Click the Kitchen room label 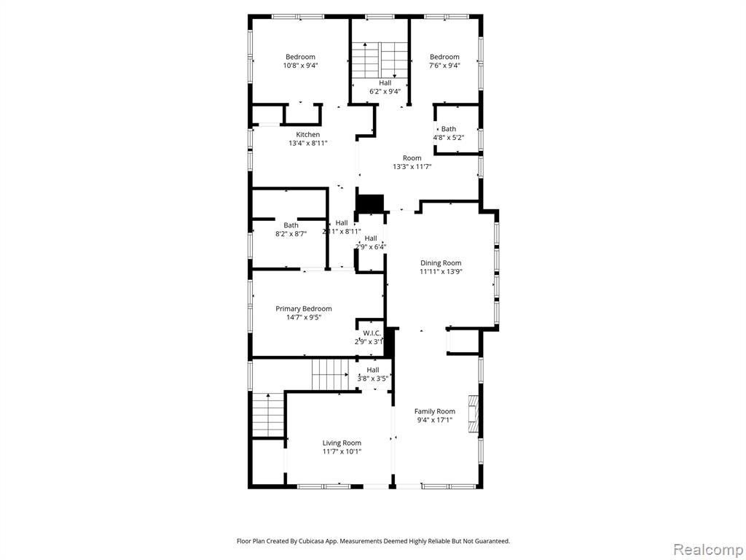click(x=308, y=135)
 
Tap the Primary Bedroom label click(x=304, y=308)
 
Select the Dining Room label click(x=441, y=262)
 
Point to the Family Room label click(x=434, y=411)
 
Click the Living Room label click(x=342, y=443)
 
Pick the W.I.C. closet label click(x=372, y=333)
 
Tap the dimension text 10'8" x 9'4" click(x=300, y=66)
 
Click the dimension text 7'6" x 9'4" click(x=444, y=66)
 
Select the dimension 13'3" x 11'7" click(x=412, y=167)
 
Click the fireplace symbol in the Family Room click(x=473, y=414)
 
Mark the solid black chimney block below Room click(x=370, y=203)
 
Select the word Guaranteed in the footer click(x=493, y=541)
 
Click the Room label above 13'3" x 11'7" click(x=412, y=158)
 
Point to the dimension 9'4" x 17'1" click(x=434, y=420)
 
